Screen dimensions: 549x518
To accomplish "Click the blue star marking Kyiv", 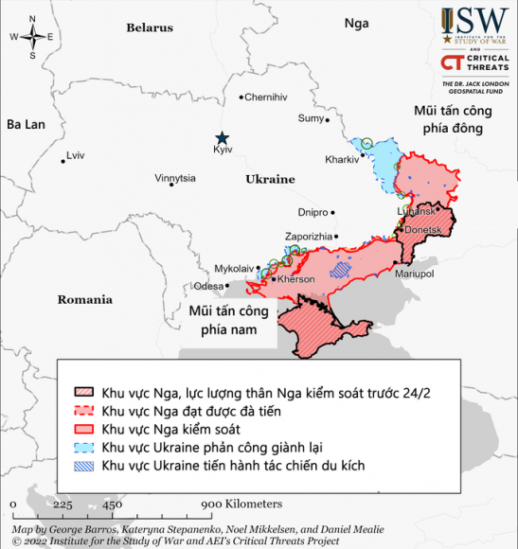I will [222, 137].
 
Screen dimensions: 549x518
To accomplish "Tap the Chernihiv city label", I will [266, 97].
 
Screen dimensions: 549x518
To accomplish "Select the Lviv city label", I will [75, 155].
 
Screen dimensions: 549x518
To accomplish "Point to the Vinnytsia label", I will [175, 178].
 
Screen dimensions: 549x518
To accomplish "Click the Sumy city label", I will [311, 118].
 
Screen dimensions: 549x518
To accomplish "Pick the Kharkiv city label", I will [341, 159].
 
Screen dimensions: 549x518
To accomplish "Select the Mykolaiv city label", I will [235, 269].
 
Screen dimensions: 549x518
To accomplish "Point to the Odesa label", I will [208, 285].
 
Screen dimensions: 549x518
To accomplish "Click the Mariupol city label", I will [414, 274].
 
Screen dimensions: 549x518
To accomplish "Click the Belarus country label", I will [150, 28].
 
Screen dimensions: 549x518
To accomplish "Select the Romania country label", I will [84, 300].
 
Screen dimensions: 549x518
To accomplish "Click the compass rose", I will [33, 37].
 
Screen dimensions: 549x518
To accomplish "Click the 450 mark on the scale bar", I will [112, 504].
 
